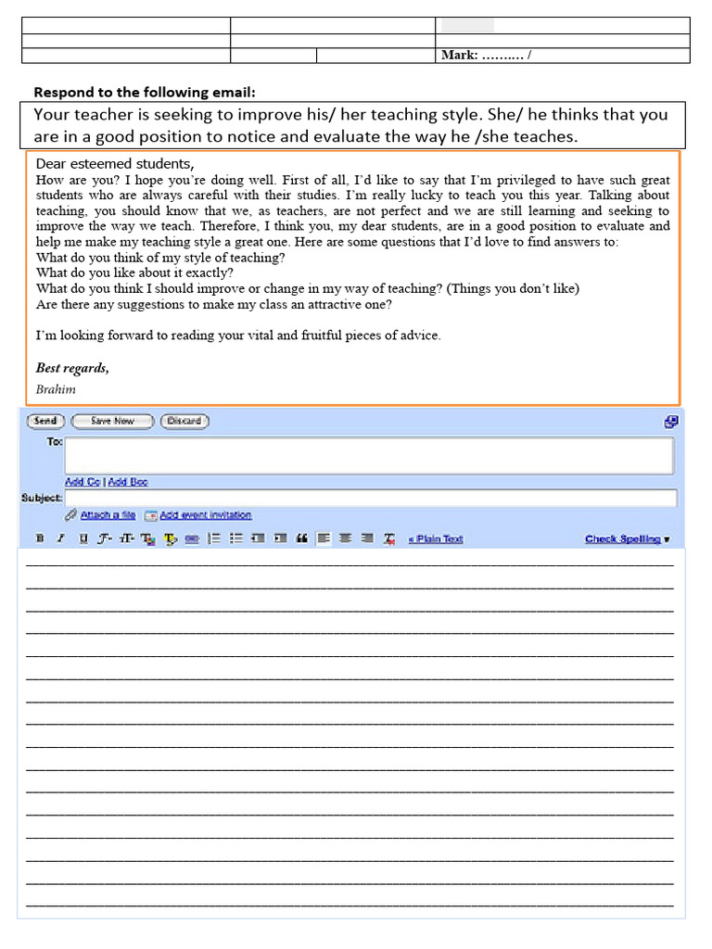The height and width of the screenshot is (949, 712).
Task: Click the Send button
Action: [x=45, y=421]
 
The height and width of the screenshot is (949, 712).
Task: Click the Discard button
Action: [x=184, y=421]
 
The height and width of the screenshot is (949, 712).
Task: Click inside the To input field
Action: [x=369, y=455]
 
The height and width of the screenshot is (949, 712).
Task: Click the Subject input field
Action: [x=371, y=499]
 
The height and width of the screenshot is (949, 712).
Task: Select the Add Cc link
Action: [x=83, y=482]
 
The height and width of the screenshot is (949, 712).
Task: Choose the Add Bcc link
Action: [x=128, y=482]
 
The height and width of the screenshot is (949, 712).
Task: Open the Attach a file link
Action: [x=108, y=515]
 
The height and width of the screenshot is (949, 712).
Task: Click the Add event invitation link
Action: [x=205, y=515]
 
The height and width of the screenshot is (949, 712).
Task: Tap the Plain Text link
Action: [x=436, y=538]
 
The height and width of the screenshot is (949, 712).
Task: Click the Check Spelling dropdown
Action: [x=627, y=538]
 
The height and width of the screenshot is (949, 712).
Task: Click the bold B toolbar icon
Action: [x=40, y=538]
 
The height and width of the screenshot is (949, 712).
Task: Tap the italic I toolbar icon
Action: [x=61, y=538]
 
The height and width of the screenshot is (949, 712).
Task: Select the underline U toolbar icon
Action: [x=83, y=538]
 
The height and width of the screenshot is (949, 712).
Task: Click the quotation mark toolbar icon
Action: [x=301, y=538]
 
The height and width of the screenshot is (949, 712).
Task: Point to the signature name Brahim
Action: [x=56, y=390]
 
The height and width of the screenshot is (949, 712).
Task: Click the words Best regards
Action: [x=72, y=368]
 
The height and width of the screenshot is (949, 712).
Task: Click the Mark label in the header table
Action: [x=459, y=56]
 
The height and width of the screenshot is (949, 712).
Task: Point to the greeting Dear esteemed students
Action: [x=115, y=164]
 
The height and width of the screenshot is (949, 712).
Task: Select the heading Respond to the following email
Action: [x=144, y=92]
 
